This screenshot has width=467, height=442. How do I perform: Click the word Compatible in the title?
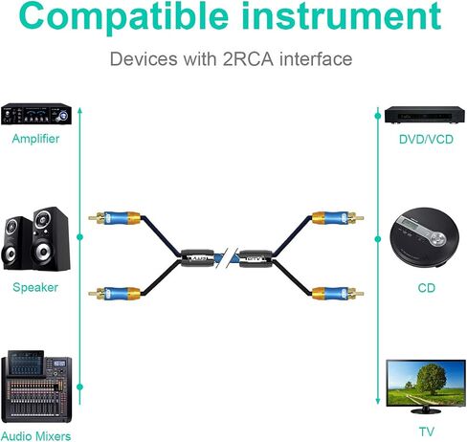tap(123, 16)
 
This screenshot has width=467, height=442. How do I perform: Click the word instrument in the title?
tap(342, 15)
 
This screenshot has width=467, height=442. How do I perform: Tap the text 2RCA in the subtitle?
tap(248, 59)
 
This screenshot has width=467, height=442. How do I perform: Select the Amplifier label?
tap(35, 139)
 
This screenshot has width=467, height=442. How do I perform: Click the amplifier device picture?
tap(36, 114)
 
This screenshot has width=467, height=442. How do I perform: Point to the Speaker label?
tap(35, 287)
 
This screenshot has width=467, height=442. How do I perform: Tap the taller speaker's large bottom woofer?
tap(44, 251)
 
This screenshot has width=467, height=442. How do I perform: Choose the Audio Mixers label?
tap(35, 436)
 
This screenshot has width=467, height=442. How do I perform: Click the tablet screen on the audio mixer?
tap(26, 363)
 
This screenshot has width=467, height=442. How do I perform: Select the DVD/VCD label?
tap(426, 140)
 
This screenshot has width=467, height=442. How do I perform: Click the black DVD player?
tap(425, 115)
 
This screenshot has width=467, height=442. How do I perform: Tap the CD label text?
tap(427, 288)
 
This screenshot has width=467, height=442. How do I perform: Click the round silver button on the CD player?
tap(437, 238)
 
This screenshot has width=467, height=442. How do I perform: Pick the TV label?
tap(427, 431)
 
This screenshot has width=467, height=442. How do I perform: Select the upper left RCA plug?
tap(115, 218)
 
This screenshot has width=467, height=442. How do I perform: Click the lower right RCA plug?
tap(338, 293)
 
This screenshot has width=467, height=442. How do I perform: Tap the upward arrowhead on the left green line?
tap(80, 110)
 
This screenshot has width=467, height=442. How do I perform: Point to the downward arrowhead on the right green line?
tap(378, 401)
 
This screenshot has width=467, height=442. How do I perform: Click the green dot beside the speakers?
tap(80, 237)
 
